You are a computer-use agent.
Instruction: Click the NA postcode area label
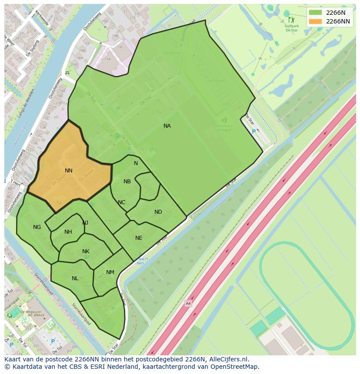pos(167,126)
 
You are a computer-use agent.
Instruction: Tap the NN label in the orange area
pos(69,171)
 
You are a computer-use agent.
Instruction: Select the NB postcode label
pos(127,182)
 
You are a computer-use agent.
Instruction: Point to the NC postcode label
pos(121,202)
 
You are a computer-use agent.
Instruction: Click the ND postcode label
pos(158,212)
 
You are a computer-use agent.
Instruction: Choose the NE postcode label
pos(139,238)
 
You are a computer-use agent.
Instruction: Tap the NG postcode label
pos(37,227)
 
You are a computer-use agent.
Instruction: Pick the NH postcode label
pos(68,232)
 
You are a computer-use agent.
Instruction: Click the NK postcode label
pos(86,252)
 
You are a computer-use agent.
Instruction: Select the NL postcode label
pos(75,278)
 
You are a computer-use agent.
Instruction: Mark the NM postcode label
pos(110,272)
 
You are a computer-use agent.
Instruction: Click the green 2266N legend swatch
pos(315,12)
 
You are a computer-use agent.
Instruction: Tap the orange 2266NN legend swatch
pos(315,21)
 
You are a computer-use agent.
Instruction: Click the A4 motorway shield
pos(188,303)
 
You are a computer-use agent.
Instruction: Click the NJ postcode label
pos(85,223)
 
